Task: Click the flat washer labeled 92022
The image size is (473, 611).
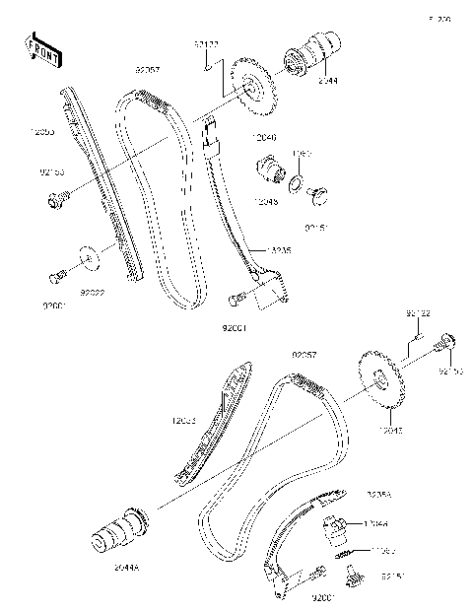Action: (x=89, y=260)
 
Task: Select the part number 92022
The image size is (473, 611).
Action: (x=92, y=294)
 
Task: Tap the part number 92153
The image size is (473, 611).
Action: (x=52, y=171)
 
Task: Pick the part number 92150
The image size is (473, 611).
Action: (x=450, y=372)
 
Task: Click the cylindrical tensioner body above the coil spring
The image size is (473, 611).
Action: (x=337, y=527)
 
